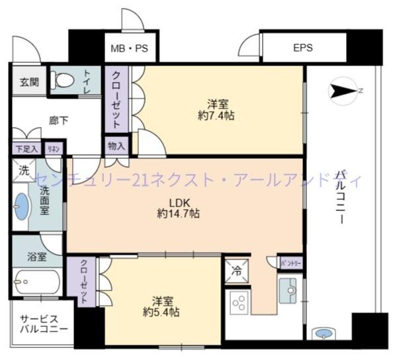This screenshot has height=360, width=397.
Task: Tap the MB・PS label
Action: [x=129, y=48]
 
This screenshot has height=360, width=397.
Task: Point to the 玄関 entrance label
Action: [x=28, y=83]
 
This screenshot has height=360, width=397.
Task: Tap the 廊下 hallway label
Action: [x=58, y=121]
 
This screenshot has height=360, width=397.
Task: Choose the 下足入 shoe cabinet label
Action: [x=26, y=149]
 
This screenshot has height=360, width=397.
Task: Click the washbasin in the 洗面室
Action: [x=22, y=206]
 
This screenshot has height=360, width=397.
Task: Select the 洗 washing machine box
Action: [x=24, y=169]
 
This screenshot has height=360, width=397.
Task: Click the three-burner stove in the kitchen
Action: [x=239, y=302]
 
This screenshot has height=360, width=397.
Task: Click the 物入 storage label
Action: [x=116, y=146]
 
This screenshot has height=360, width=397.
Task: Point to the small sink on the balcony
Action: [x=324, y=333]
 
